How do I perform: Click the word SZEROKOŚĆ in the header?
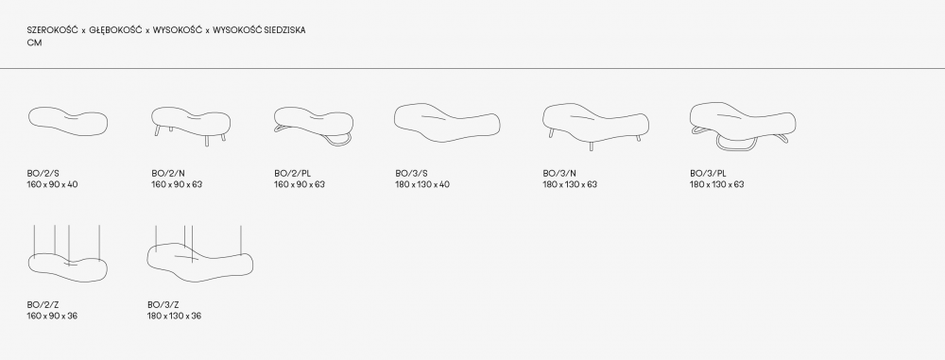pyautogui.click(x=52, y=30)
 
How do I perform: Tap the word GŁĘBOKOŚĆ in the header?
pyautogui.click(x=115, y=30)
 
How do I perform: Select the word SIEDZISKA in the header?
pyautogui.click(x=285, y=30)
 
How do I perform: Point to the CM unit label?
pyautogui.click(x=34, y=43)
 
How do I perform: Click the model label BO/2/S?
pyautogui.click(x=43, y=174)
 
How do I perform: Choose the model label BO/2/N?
pyautogui.click(x=168, y=174)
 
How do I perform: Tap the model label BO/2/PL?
pyautogui.click(x=293, y=174)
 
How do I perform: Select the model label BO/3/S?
pyautogui.click(x=412, y=174)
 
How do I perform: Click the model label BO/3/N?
pyautogui.click(x=559, y=174)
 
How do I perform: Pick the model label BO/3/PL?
pyautogui.click(x=708, y=174)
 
